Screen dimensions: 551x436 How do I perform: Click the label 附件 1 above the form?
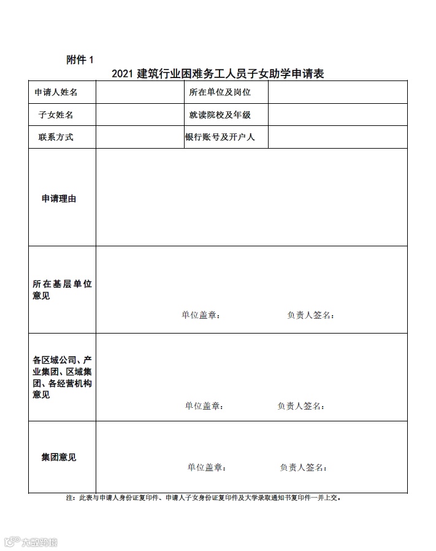tap(80, 60)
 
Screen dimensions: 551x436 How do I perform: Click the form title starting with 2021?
tap(218, 74)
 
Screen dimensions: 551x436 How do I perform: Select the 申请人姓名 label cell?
tap(56, 93)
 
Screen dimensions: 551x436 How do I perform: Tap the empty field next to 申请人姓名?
tap(140, 93)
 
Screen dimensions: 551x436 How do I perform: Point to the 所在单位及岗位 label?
tap(220, 92)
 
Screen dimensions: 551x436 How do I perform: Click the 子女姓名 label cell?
tap(56, 115)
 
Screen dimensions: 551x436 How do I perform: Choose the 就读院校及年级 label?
tap(220, 115)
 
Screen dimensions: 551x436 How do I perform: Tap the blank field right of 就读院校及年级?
tap(337, 115)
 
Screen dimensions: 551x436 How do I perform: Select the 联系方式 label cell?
tap(56, 137)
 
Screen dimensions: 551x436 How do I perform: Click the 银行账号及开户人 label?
tap(220, 137)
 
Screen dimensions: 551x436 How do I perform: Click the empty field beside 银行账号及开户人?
tap(337, 137)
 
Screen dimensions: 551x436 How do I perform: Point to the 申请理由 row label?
tap(59, 198)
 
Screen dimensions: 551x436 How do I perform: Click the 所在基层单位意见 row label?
tap(62, 290)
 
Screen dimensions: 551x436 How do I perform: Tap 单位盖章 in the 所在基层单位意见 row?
tap(201, 315)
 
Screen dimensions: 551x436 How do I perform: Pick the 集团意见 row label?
tap(59, 458)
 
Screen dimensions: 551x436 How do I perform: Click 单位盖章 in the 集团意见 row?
tap(207, 467)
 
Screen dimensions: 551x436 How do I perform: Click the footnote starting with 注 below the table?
tap(203, 498)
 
